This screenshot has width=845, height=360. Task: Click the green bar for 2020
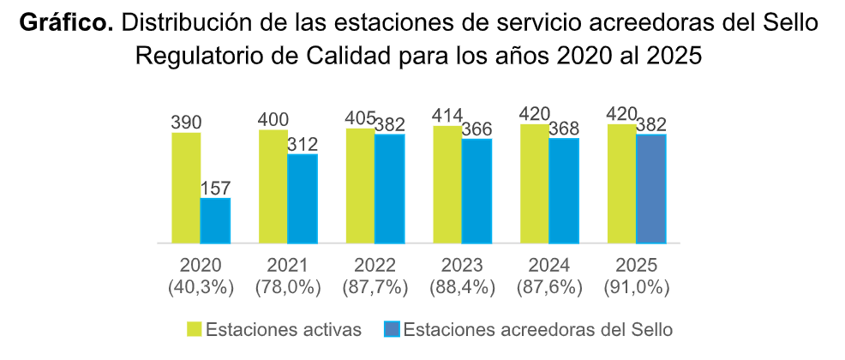coord(186,188)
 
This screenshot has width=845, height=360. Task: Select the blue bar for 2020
coord(215,220)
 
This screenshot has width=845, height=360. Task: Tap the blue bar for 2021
coord(303,199)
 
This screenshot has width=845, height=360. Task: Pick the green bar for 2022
coord(361,186)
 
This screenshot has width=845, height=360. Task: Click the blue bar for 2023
coord(476,191)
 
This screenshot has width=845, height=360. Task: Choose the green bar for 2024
coord(535,183)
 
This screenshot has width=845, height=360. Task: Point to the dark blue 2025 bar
coord(651,189)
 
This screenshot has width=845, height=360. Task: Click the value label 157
coord(215,189)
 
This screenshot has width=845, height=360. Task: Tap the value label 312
coord(303,144)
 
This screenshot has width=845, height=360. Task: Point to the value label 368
coord(565,127)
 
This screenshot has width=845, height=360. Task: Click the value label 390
coord(186,122)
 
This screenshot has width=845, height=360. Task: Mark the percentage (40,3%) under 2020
coord(201,288)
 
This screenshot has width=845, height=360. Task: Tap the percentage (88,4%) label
coord(462,288)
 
